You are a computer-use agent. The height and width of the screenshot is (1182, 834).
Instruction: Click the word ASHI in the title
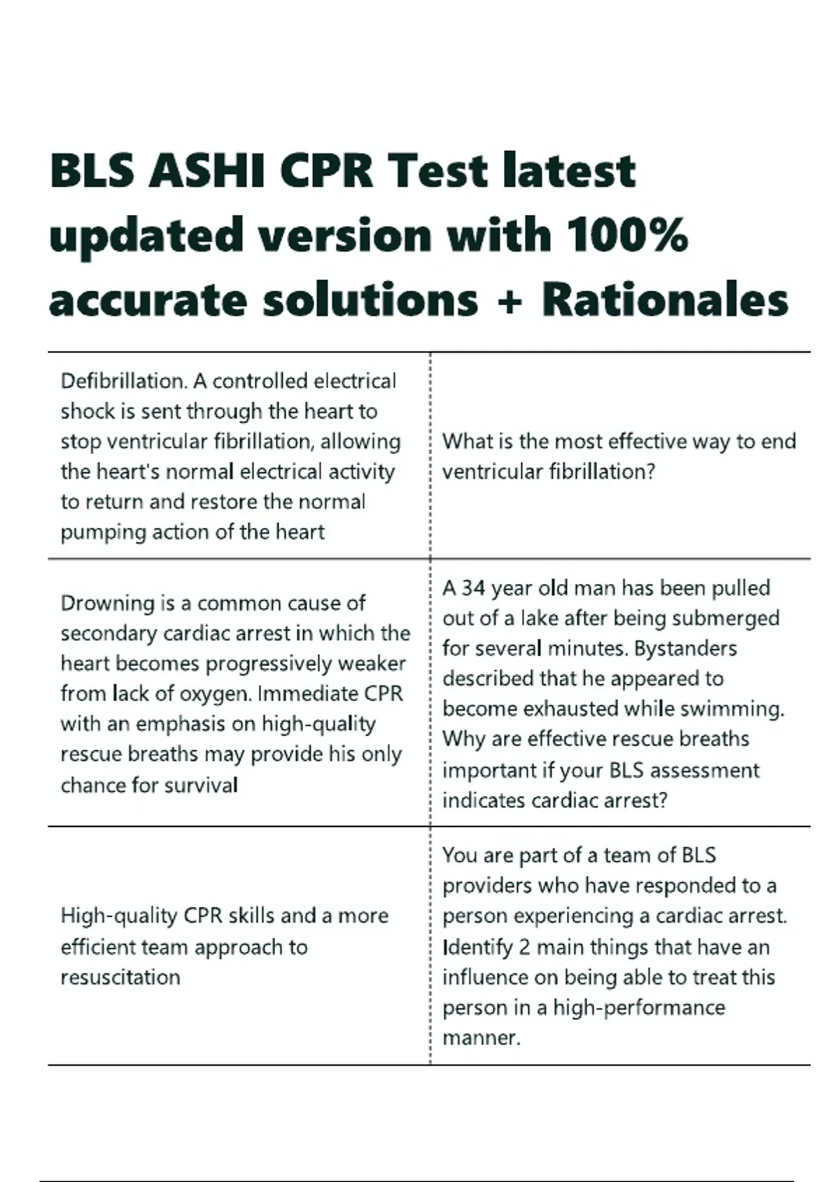click(206, 171)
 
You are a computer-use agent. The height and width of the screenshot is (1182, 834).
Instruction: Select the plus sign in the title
click(509, 300)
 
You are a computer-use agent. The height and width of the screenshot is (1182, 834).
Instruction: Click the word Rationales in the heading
click(665, 300)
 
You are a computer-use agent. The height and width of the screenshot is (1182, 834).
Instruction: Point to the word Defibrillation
click(122, 381)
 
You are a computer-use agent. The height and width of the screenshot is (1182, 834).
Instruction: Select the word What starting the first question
click(466, 442)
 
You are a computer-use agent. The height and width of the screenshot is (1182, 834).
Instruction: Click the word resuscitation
click(120, 978)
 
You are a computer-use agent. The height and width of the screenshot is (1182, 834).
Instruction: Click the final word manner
click(481, 1038)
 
